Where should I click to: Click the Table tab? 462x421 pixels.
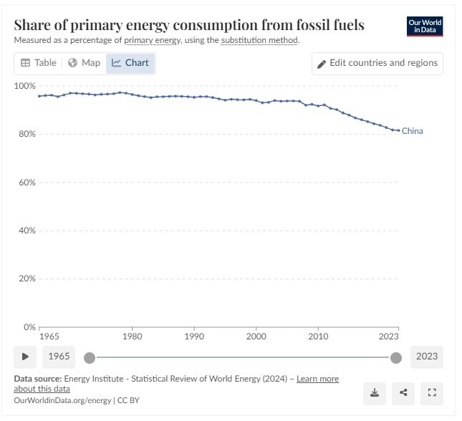(x=39, y=63)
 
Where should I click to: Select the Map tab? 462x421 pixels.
(x=84, y=63)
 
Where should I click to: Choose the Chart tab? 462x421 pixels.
(x=130, y=63)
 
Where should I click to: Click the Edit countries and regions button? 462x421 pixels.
(x=377, y=63)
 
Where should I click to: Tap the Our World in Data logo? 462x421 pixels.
(x=425, y=26)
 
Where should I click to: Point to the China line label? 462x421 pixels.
(x=412, y=131)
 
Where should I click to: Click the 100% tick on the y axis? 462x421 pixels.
(x=25, y=86)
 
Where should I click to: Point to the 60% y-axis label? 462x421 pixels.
(x=27, y=183)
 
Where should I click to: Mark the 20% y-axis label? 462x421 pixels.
(x=27, y=279)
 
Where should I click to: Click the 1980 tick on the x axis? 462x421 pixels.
(x=132, y=336)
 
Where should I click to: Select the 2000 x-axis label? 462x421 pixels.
(x=256, y=336)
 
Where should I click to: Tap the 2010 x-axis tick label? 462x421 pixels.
(x=318, y=336)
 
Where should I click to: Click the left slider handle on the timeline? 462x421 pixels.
(x=90, y=357)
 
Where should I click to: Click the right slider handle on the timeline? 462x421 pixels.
(x=395, y=357)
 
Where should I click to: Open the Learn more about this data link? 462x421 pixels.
(x=317, y=379)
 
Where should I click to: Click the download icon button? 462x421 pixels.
(x=374, y=392)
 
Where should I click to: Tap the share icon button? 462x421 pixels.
(x=403, y=392)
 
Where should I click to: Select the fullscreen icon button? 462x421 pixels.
(x=431, y=392)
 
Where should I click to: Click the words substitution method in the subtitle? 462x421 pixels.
(x=259, y=40)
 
